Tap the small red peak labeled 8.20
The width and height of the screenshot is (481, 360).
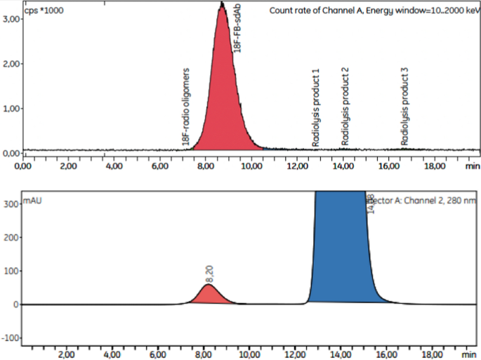click(209, 296)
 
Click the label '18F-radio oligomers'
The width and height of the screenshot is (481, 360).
click(186, 107)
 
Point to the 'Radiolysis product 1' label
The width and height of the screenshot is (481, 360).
click(315, 107)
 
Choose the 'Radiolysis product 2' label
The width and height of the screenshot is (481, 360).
click(345, 107)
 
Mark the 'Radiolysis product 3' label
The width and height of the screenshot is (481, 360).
click(404, 107)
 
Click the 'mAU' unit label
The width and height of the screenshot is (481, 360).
click(32, 201)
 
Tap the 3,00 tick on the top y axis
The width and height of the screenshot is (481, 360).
click(12, 20)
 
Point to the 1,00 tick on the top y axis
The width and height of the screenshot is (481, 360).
click(12, 109)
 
